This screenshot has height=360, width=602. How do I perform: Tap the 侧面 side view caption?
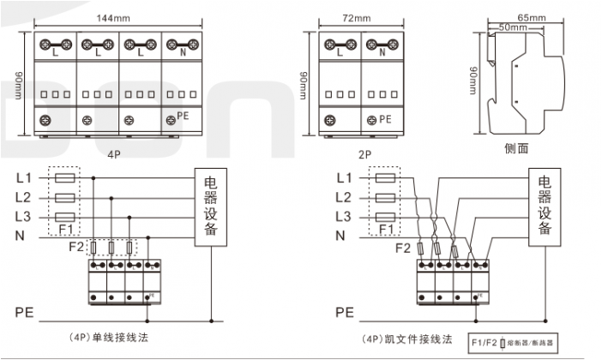[516, 147]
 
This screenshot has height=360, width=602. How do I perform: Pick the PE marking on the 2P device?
[384, 120]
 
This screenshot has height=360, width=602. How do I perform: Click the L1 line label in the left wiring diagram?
[24, 178]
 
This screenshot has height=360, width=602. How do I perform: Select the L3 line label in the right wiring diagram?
[344, 216]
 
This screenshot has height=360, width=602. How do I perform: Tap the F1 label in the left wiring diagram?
[65, 230]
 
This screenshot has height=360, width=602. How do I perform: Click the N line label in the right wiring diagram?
[340, 235]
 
